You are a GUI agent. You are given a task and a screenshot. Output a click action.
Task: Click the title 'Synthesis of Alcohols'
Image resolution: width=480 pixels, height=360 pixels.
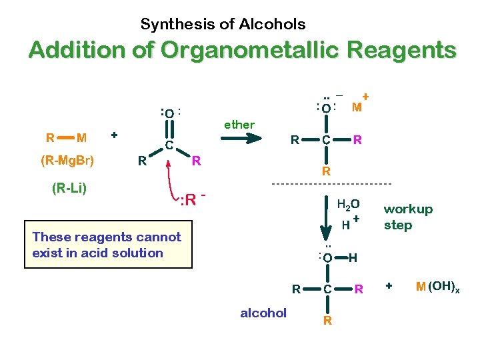tap(223, 25)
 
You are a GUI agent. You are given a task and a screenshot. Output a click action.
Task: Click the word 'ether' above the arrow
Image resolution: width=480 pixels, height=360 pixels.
tap(239, 124)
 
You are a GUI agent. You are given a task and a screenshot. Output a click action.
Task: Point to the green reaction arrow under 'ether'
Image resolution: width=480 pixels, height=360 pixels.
tap(239, 139)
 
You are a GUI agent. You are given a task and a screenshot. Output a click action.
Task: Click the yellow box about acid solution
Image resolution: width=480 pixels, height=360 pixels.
tap(107, 245)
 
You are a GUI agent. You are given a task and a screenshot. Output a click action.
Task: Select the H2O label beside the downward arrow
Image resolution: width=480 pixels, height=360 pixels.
tap(348, 205)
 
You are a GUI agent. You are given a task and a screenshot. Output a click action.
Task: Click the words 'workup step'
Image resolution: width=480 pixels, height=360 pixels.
tap(407, 217)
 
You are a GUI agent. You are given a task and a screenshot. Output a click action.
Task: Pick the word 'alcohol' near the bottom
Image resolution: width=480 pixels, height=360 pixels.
tap(263, 313)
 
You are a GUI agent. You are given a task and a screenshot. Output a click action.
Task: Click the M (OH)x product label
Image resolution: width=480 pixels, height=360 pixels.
tap(437, 287)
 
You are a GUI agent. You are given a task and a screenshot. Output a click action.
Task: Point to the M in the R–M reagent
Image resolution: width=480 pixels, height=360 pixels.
tap(81, 138)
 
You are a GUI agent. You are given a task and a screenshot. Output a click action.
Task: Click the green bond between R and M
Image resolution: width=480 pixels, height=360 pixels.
tap(65, 138)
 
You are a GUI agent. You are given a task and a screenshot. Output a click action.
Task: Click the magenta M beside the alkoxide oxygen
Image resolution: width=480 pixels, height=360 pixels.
tap(357, 107)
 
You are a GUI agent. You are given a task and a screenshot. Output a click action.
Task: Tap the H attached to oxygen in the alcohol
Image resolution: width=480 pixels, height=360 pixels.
tap(353, 257)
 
